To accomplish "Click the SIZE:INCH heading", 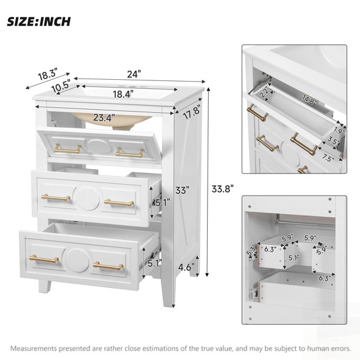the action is pos(38,22).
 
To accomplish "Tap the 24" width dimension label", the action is pos(134,74).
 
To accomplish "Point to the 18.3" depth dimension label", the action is pos(47,74).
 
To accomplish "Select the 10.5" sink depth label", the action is pos(61,86).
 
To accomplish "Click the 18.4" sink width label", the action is pos(123,94).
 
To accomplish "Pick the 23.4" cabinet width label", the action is pos(104,118).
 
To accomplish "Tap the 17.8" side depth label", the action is pos(192,112).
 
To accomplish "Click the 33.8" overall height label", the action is pos(222,189).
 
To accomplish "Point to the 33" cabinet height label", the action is pos(182,190).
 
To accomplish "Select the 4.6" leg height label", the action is pos(187,267).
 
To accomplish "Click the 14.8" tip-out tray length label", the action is pos(309,100).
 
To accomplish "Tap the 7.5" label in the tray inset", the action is pos(328,158).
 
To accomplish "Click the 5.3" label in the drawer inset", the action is pos(251,251).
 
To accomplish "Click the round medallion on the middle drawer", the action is pos(88,199).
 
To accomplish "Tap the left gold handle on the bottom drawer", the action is pos(44,259).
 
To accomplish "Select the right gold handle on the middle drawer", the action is pos(119,203).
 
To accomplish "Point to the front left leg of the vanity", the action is pos(44,286).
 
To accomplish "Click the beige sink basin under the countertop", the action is pos(112,119).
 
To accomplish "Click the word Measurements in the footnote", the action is pos(34,349).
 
